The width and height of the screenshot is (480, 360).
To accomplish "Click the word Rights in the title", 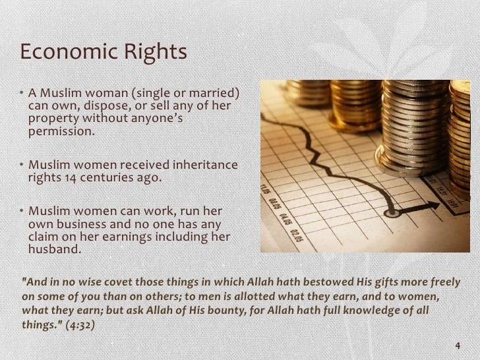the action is point(156,53).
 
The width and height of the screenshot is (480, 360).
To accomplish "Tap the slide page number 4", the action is point(458,345).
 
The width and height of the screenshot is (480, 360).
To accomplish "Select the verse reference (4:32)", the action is point(80,324).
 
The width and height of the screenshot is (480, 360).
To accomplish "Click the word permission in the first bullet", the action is point(61,132).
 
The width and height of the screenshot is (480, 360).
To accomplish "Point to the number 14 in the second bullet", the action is point(71,178).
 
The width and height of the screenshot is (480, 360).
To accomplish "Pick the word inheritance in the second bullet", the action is point(205,165).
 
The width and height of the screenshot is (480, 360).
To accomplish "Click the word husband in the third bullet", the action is point(55,249).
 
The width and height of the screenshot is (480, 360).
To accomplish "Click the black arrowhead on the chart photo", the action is point(433,206).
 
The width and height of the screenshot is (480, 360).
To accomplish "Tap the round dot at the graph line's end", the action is point(392,212).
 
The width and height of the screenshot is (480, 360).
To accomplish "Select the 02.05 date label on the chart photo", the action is point(296,235).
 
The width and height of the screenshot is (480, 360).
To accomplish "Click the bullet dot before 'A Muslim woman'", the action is point(21,92).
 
